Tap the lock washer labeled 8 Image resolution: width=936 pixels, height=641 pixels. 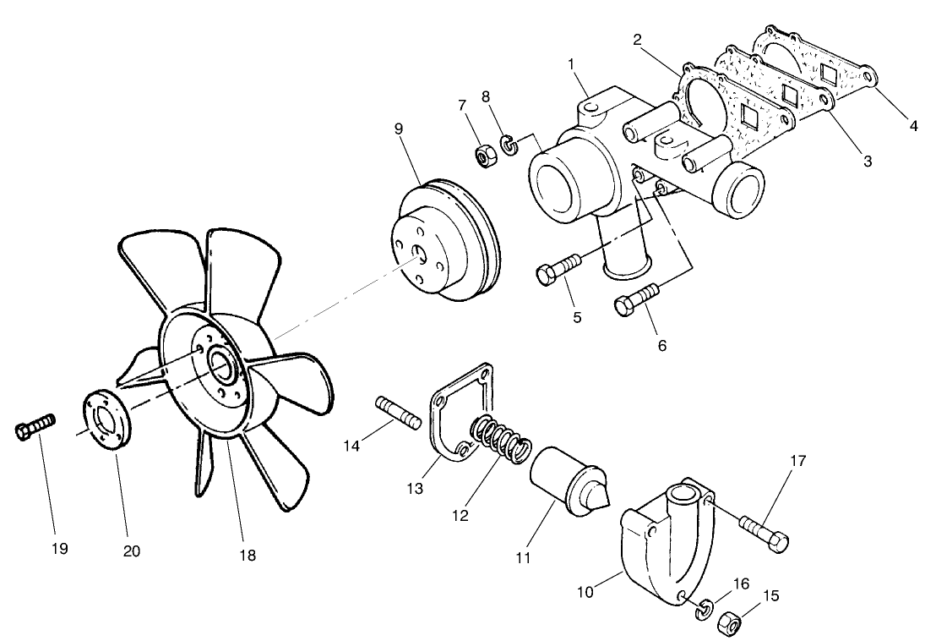509,145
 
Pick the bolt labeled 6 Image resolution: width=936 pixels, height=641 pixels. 639,299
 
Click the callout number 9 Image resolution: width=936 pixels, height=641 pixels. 398,129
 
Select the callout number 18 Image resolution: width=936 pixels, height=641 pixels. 247,555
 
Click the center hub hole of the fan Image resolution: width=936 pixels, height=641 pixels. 221,365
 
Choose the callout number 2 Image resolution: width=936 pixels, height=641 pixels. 636,39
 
